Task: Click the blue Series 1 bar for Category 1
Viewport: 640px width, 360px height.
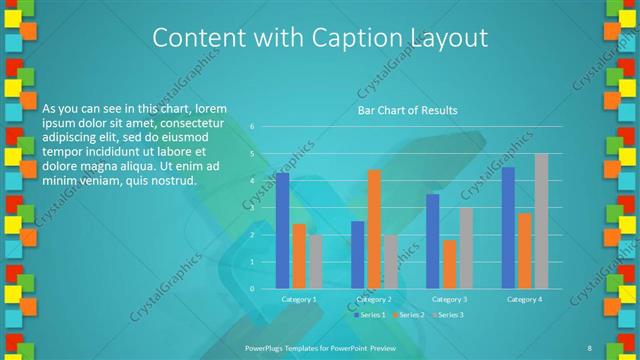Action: coord(282,230)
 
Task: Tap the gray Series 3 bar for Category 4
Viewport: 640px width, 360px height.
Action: coord(541,220)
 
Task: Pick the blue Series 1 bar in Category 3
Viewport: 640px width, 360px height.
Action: coord(433,240)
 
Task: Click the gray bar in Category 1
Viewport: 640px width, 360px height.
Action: coord(315,261)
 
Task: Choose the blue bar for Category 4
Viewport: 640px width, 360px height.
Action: coord(508,227)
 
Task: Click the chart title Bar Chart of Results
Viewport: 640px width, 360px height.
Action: coord(407,110)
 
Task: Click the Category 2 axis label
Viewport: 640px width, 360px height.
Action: coord(373,299)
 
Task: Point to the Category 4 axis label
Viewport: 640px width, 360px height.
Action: coord(524,299)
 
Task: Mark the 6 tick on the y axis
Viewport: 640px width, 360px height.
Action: coord(253,127)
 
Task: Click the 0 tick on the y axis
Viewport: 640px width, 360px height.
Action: coord(253,288)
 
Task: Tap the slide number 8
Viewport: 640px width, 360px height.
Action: coord(589,347)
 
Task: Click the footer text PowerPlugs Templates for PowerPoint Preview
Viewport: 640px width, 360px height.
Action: coord(319,347)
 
